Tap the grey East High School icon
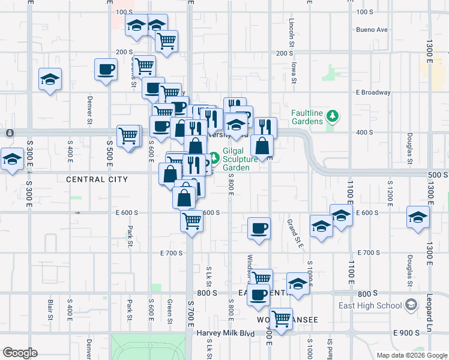pos(411,305)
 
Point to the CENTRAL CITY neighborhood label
pos(97,179)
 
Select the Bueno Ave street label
pos(372,29)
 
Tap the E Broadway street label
pos(373,92)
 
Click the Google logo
pos(19,353)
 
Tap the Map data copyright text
pos(411,355)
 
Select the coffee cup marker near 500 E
pos(106,70)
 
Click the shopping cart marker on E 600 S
pos(191,221)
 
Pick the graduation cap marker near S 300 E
pos(11,160)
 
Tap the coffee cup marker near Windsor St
pos(259,228)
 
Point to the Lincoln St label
pos(291,32)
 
